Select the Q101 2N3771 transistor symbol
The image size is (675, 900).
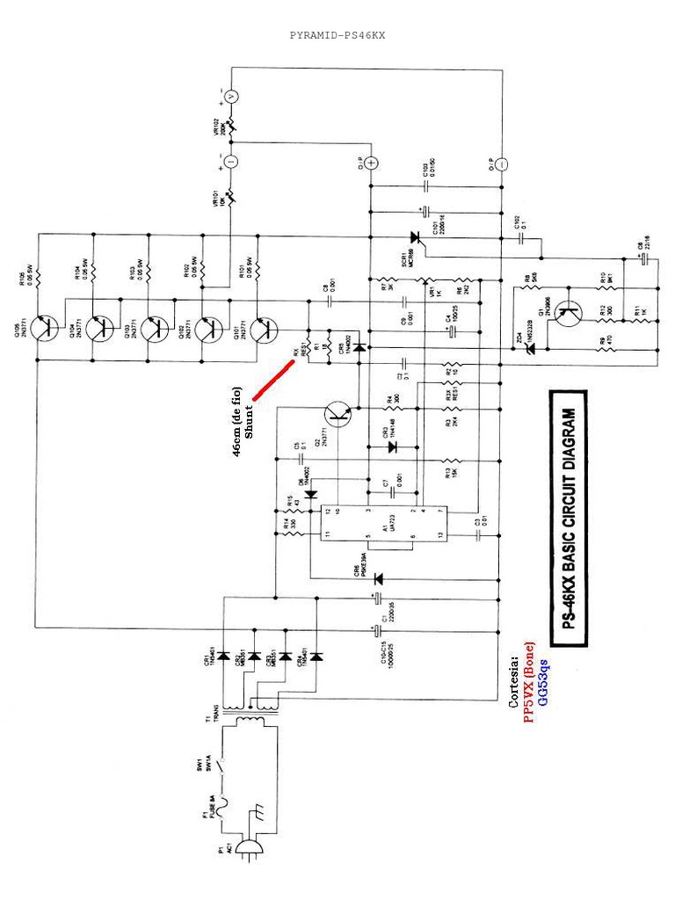coord(263,330)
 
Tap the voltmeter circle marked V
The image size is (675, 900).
coord(230,96)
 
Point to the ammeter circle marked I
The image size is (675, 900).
coord(230,162)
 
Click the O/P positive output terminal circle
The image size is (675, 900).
coord(371,163)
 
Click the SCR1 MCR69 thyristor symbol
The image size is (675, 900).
coord(415,237)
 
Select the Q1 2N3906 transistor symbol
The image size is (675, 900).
coord(572,310)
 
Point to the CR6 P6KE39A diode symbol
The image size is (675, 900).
coord(379,578)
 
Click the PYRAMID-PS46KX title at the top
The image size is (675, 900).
coord(337,36)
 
